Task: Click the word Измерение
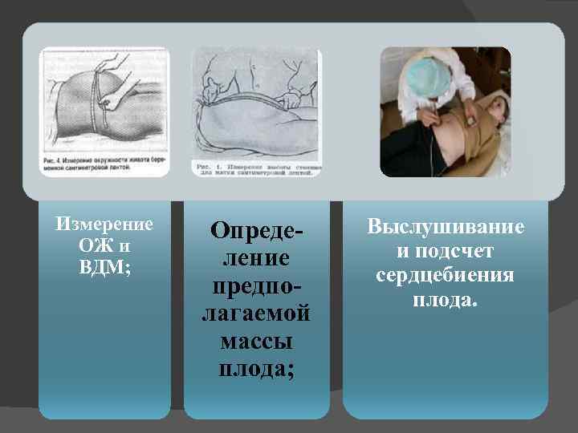pos(104,222)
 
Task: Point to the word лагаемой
pos(255,314)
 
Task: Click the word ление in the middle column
pos(255,258)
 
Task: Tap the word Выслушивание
pos(446,227)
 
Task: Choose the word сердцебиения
pos(446,277)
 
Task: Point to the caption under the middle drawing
pos(257,168)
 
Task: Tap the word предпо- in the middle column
pos(255,286)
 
